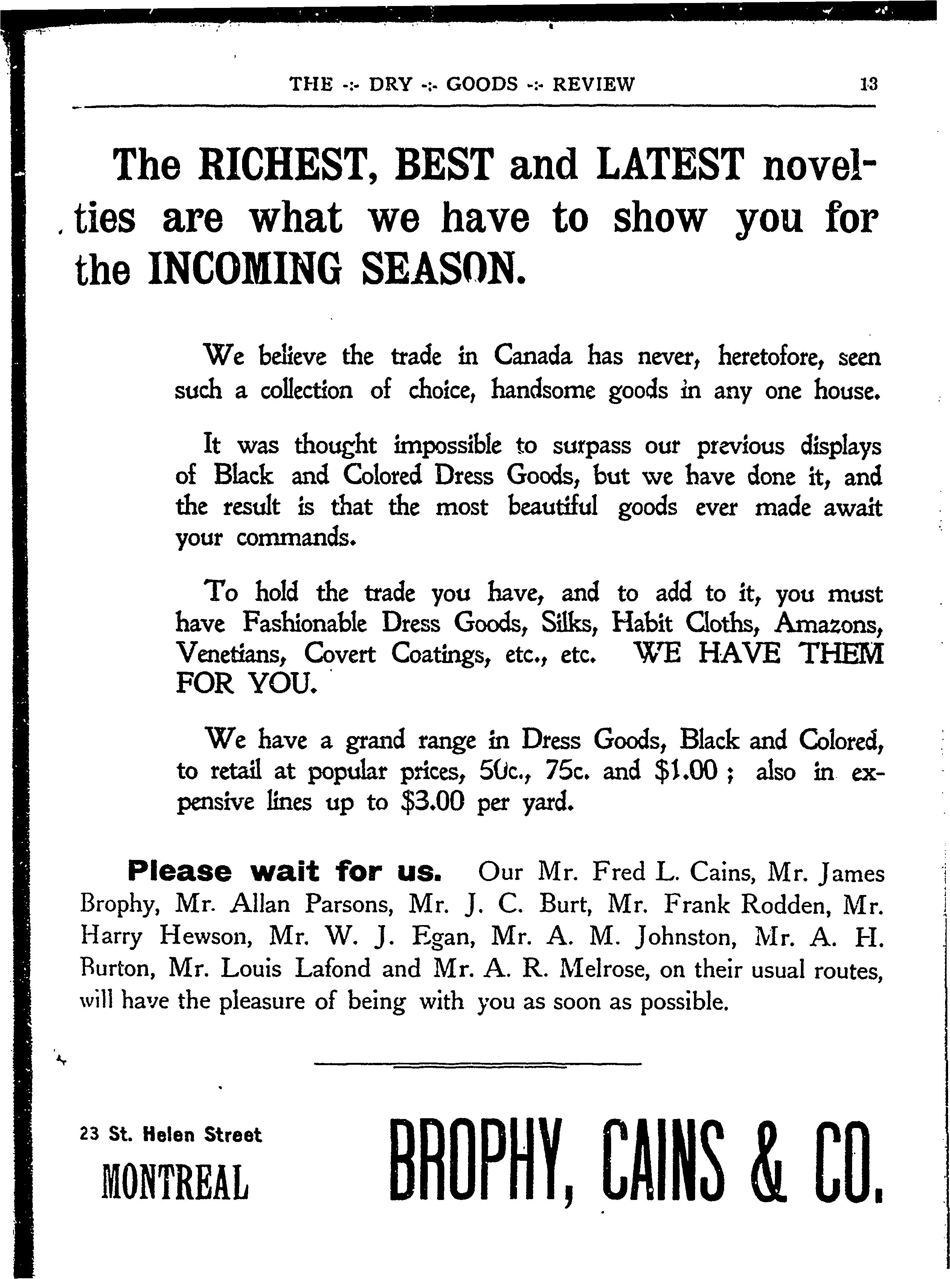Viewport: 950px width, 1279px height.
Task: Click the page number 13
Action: pos(868,85)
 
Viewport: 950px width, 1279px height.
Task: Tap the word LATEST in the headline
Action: pos(671,165)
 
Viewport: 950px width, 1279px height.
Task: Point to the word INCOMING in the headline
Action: pos(244,268)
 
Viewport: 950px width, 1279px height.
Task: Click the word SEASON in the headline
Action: pos(443,268)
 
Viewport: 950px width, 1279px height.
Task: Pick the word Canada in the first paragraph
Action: pos(533,357)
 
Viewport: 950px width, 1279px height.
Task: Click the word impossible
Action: pos(447,446)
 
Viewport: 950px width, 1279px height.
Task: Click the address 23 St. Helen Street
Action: pos(171,1135)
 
